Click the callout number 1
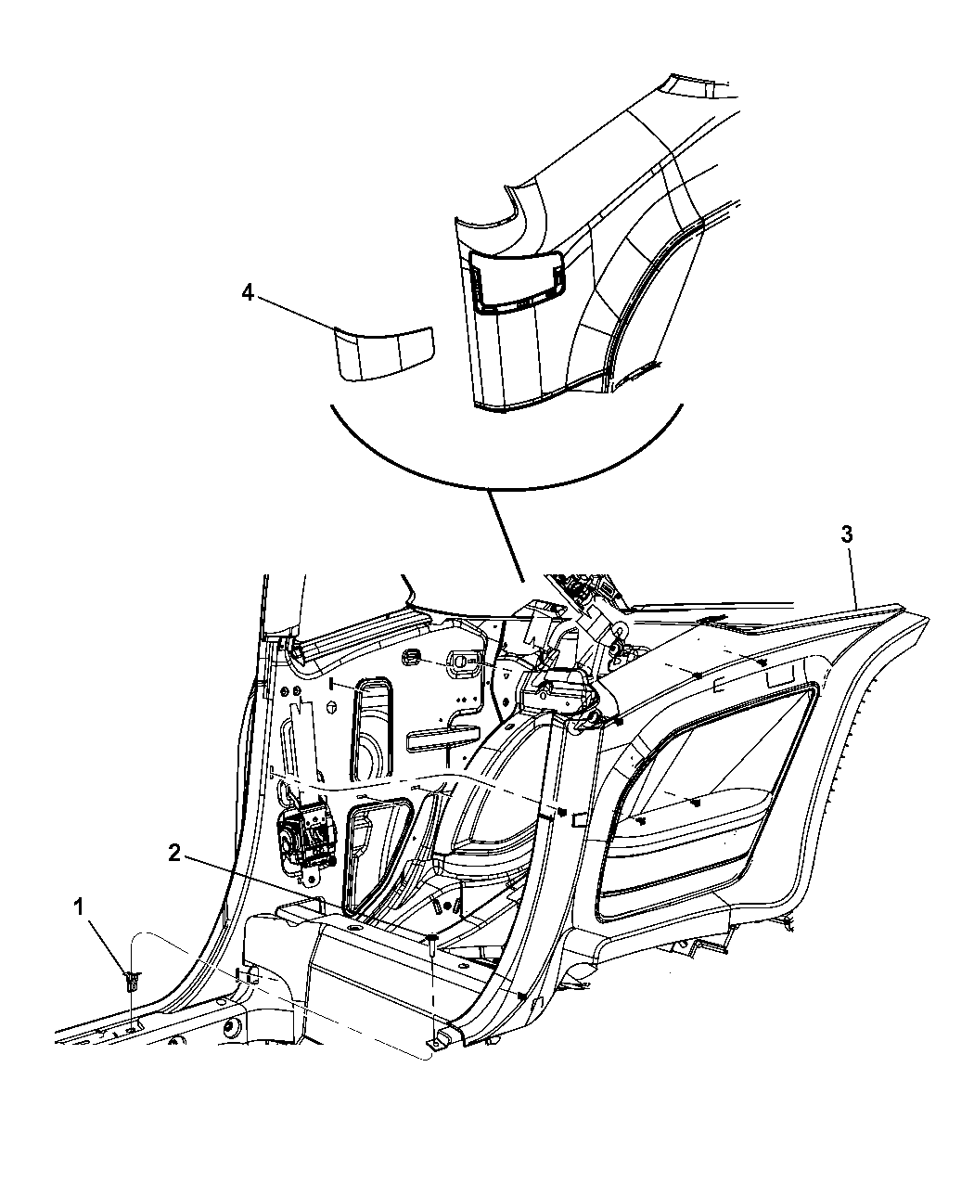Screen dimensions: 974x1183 [x=80, y=907]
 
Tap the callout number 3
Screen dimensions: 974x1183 [x=847, y=534]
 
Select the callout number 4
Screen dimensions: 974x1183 [x=248, y=293]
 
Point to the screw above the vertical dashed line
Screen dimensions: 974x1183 [x=432, y=940]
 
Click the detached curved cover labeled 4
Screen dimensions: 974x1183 [x=385, y=353]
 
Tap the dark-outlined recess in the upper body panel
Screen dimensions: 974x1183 [x=517, y=281]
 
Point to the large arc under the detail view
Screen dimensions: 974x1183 [x=506, y=472]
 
